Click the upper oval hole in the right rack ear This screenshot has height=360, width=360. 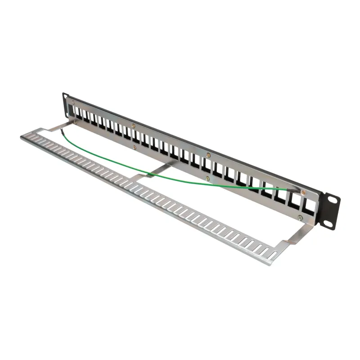(x=334, y=199)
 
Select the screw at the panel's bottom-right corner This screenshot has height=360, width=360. (x=301, y=217)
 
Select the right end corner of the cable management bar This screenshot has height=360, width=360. (x=274, y=261)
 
